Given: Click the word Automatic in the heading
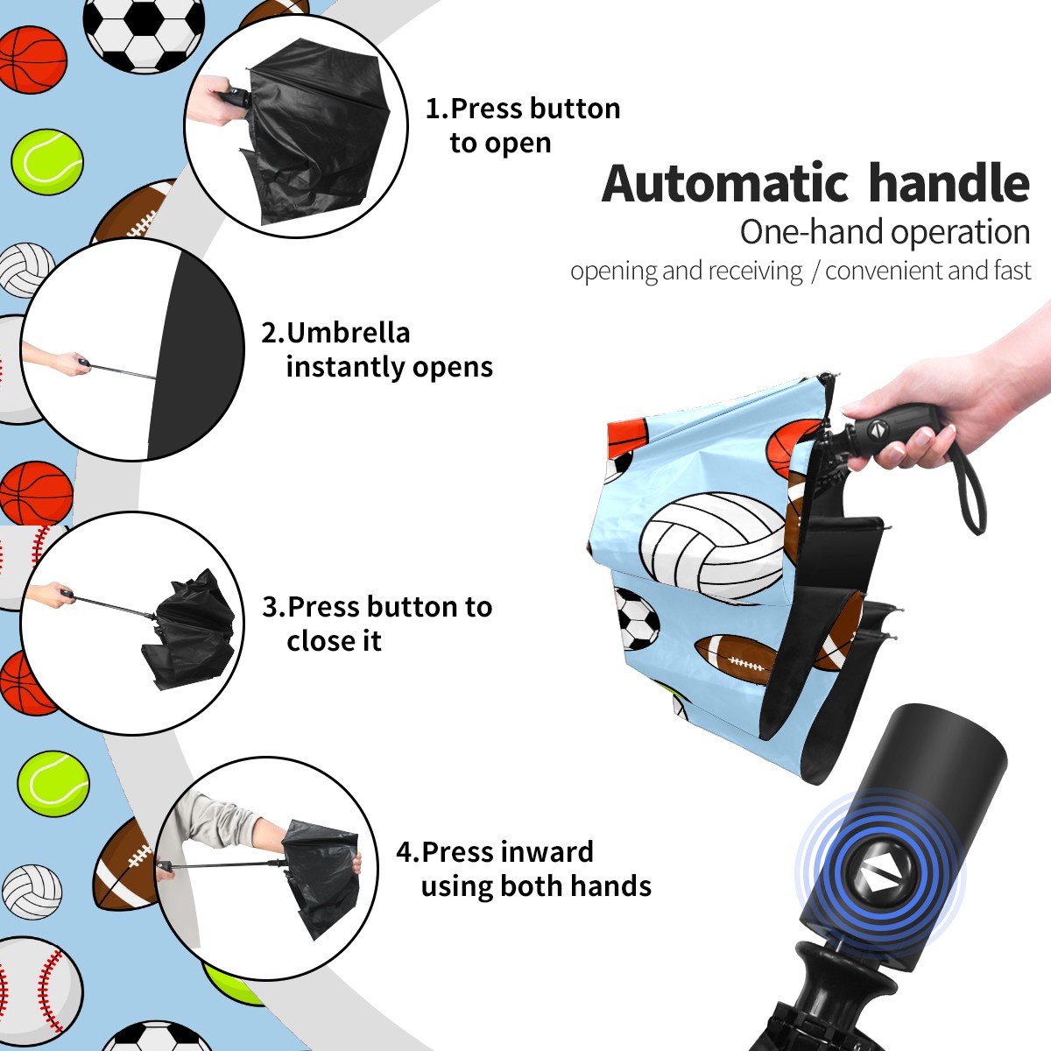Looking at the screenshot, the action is (725, 184).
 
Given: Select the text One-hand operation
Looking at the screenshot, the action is (885, 233).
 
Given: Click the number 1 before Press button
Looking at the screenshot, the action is (433, 109).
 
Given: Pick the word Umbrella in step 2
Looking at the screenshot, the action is (348, 333).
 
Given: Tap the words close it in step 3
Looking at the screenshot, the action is (334, 641).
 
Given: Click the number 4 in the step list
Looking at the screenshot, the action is (404, 852).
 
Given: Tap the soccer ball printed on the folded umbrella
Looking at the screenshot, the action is (637, 618).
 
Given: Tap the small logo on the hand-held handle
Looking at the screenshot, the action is (877, 429).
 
